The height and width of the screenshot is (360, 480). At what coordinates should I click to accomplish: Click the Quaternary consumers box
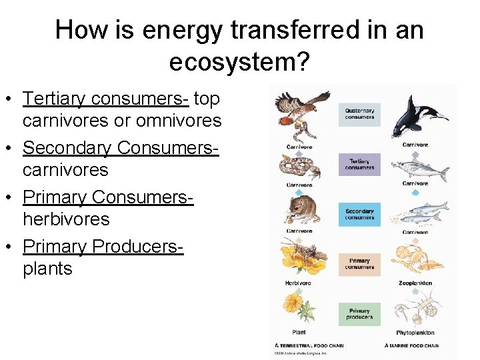pyautogui.click(x=359, y=113)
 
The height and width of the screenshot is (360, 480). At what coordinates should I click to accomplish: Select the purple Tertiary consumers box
pyautogui.click(x=359, y=164)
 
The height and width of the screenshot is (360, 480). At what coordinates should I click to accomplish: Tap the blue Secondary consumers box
pyautogui.click(x=359, y=214)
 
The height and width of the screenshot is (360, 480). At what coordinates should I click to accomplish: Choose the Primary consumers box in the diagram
pyautogui.click(x=359, y=264)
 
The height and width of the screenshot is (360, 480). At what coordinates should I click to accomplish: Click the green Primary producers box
pyautogui.click(x=359, y=314)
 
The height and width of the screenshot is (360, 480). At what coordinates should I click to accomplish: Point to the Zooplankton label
pyautogui.click(x=415, y=283)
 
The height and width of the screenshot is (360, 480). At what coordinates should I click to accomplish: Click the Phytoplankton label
pyautogui.click(x=415, y=332)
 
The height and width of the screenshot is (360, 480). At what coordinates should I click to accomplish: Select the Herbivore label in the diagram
pyautogui.click(x=298, y=283)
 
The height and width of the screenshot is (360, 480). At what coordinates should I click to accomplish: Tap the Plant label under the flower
pyautogui.click(x=298, y=332)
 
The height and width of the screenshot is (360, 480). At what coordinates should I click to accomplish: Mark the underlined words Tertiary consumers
pyautogui.click(x=106, y=99)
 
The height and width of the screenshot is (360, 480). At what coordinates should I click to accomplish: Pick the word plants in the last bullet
pyautogui.click(x=47, y=268)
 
